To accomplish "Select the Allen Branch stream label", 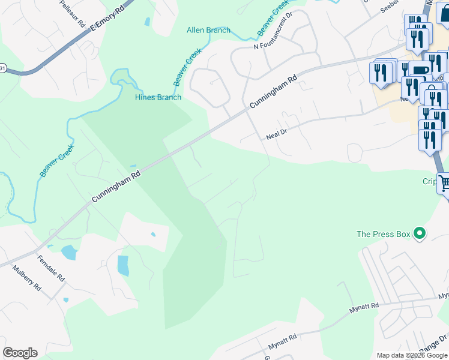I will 208,30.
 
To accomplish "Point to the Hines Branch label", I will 158,97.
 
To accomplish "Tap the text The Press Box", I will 383,234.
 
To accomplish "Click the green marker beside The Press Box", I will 420,233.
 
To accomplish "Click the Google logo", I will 20,353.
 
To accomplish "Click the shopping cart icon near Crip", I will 444,184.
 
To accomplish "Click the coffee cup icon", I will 420,70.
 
